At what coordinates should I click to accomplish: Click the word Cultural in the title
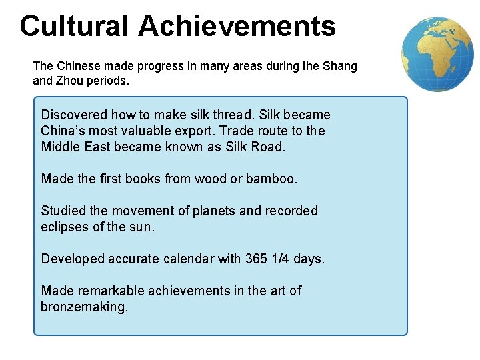click(x=75, y=26)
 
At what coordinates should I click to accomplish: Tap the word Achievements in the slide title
click(x=237, y=26)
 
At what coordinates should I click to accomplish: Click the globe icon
click(x=438, y=53)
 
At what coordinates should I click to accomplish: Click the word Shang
click(x=340, y=66)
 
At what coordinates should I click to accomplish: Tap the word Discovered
click(x=73, y=115)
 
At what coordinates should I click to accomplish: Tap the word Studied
click(x=63, y=211)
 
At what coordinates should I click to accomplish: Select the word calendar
click(x=185, y=259)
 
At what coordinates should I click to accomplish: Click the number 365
click(x=256, y=259)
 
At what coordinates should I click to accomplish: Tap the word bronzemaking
click(x=84, y=307)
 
